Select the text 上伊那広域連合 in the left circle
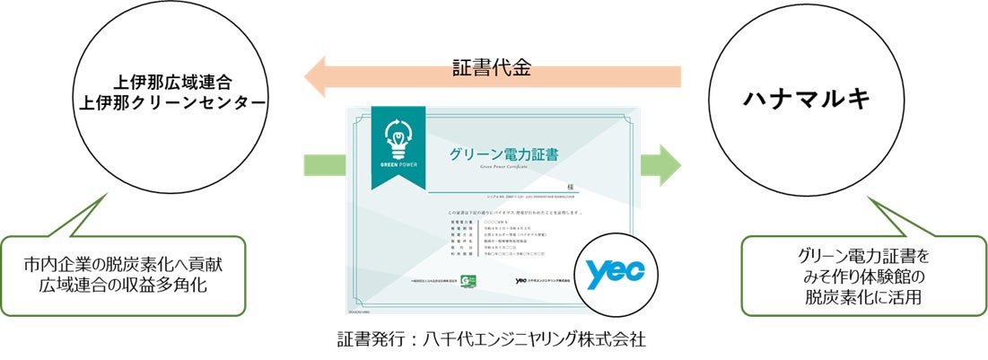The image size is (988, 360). point(170,83)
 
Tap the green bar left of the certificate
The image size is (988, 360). point(324,165)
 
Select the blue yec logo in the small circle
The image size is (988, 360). point(618,274)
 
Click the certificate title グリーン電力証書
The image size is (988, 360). point(503,155)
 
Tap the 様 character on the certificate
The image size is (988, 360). point(569,185)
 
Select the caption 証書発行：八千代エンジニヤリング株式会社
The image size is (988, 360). point(491,341)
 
